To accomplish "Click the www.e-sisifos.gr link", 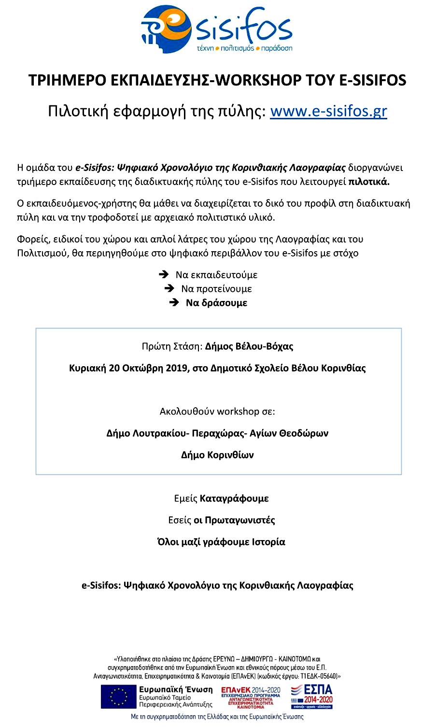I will coord(328,112).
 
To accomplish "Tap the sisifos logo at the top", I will coord(217,29).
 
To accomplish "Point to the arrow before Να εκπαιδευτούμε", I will coord(164,275).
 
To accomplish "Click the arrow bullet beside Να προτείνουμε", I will coord(169,289).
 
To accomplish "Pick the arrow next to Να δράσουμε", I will coord(174,303).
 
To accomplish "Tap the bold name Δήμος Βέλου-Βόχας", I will coord(249,346).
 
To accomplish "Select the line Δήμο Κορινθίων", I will coord(217,455).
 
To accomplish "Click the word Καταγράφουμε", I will coord(234,499).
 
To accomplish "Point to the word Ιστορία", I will coord(268,542).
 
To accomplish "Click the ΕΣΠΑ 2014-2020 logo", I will coord(312,696).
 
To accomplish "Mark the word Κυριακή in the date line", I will coord(87,368).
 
